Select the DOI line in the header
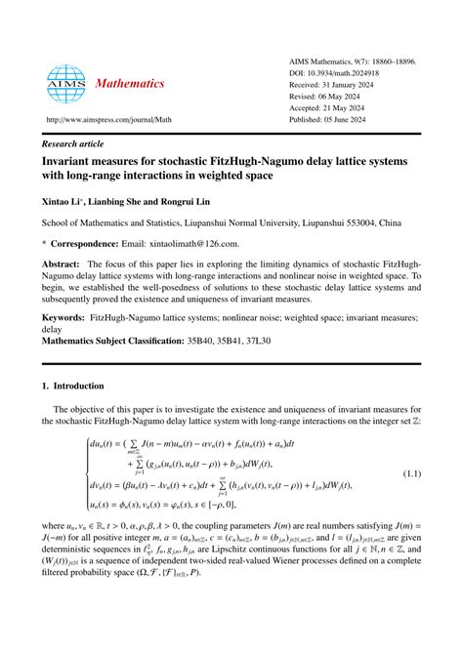click(x=356, y=74)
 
